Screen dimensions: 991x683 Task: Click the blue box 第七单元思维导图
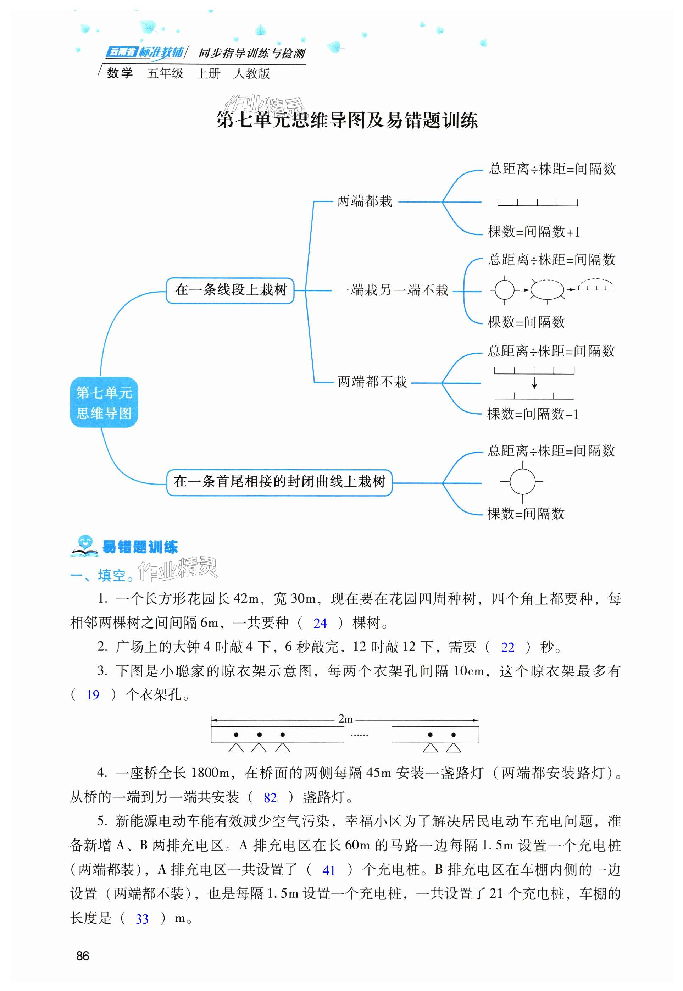(x=104, y=402)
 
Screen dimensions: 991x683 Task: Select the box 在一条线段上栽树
(x=230, y=290)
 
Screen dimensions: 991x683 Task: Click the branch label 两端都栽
(x=364, y=201)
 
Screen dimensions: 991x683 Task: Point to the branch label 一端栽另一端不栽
(x=393, y=290)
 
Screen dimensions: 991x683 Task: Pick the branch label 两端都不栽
(x=372, y=382)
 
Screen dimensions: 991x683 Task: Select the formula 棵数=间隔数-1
(x=533, y=414)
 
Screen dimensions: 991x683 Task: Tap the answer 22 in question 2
(x=507, y=647)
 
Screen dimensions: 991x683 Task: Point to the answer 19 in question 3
(x=93, y=695)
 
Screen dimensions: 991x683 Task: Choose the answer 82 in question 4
(x=270, y=798)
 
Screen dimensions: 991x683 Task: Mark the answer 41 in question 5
(x=328, y=870)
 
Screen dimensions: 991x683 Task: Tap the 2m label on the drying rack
(x=345, y=719)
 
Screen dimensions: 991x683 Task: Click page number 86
(x=82, y=956)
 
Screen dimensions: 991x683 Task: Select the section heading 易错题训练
(x=139, y=547)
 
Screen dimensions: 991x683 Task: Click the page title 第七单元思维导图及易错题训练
(x=347, y=120)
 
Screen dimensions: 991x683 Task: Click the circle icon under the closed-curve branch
(x=522, y=481)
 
